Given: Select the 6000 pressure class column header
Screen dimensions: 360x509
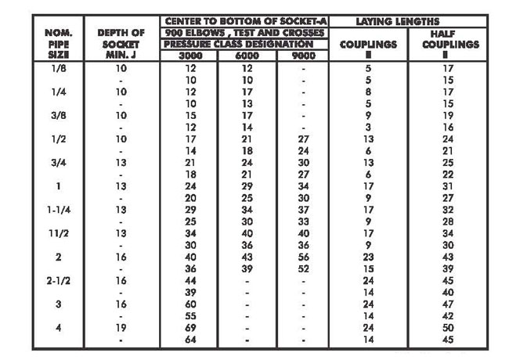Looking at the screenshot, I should [247, 56].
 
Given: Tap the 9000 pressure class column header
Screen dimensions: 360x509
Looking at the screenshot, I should [302, 56].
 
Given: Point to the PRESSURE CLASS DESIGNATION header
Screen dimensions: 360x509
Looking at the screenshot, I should [244, 45].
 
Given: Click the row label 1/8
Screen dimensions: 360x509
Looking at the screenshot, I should [58, 69].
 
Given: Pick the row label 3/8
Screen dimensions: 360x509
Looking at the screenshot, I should [58, 114].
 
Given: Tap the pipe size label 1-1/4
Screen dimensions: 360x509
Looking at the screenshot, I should [58, 209].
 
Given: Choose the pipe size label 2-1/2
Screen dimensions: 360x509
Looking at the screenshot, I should [58, 279].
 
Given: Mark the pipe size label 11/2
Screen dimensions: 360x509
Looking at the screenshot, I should [58, 232].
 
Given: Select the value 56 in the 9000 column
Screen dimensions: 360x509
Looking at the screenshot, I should [302, 256].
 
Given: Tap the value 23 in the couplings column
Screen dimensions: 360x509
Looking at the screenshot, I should [368, 256].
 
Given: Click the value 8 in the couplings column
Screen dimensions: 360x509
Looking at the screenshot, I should [368, 92].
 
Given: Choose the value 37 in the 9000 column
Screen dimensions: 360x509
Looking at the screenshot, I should [302, 209].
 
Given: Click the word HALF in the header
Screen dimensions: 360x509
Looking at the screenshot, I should [448, 34].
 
